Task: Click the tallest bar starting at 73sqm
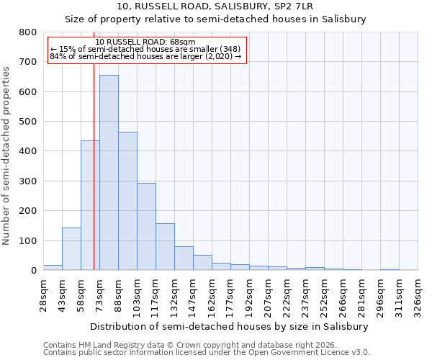[x=109, y=173]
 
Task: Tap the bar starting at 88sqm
[x=127, y=201]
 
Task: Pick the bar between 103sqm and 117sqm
[x=146, y=227]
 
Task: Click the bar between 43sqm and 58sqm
[x=71, y=249]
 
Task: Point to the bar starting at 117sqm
[x=165, y=247]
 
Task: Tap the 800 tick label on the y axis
[x=28, y=32]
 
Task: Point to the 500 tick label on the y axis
[x=28, y=122]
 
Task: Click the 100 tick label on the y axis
[x=28, y=240]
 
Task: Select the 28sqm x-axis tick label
[x=44, y=294]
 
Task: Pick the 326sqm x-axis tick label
[x=418, y=294]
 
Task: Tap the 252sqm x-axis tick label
[x=325, y=294]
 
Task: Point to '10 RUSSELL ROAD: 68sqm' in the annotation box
[x=145, y=42]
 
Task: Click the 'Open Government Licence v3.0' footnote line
[x=207, y=353]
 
